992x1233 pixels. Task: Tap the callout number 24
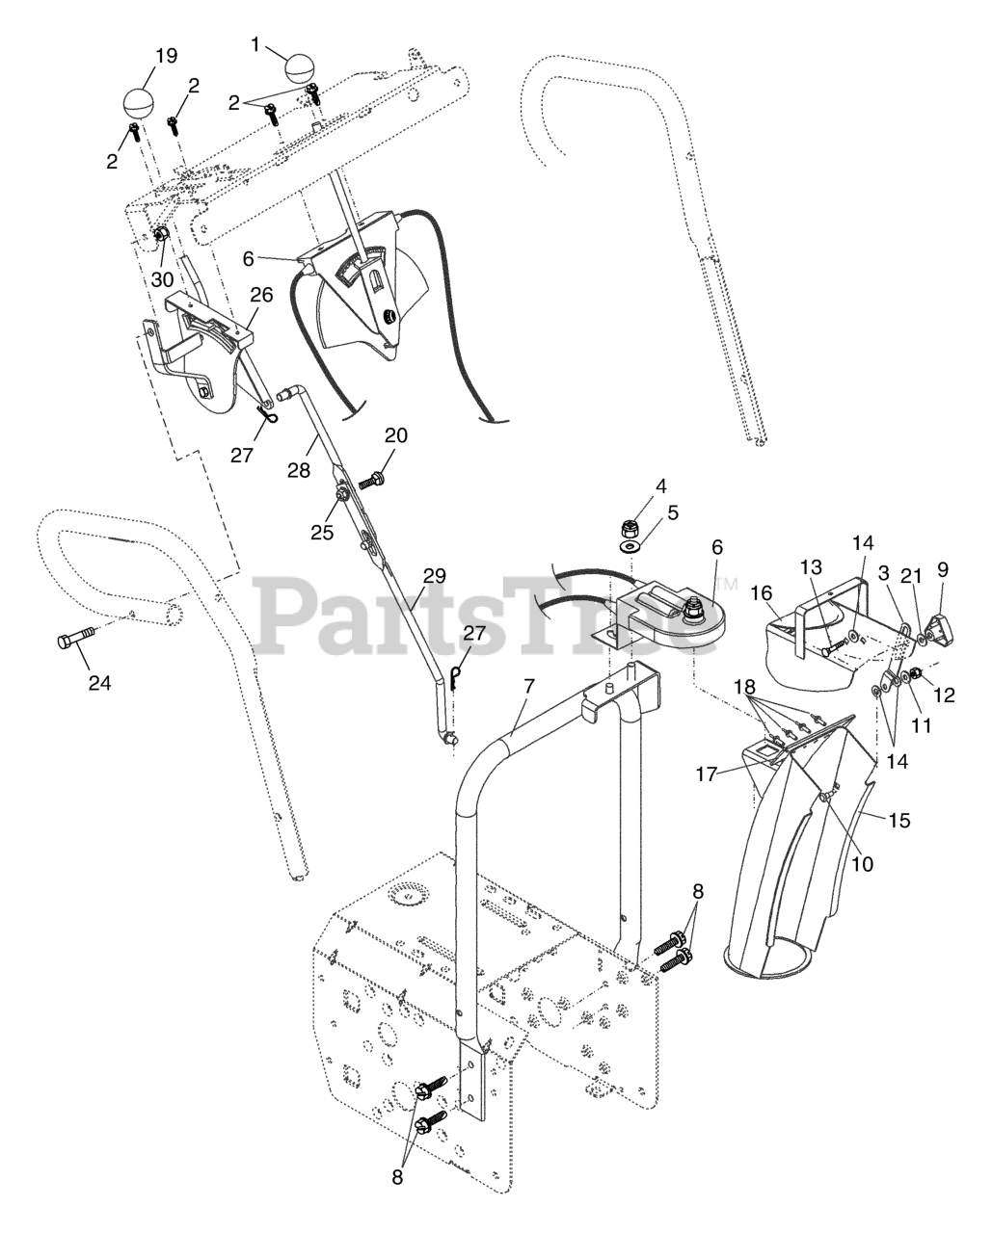point(99,683)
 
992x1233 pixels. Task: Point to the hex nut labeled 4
point(628,527)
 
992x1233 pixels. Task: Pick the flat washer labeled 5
point(631,547)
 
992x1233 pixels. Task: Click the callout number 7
point(527,687)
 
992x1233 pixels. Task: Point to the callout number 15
point(898,821)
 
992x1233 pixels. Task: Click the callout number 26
point(262,293)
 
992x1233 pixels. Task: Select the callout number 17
point(708,774)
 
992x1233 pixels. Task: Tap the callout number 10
point(862,864)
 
